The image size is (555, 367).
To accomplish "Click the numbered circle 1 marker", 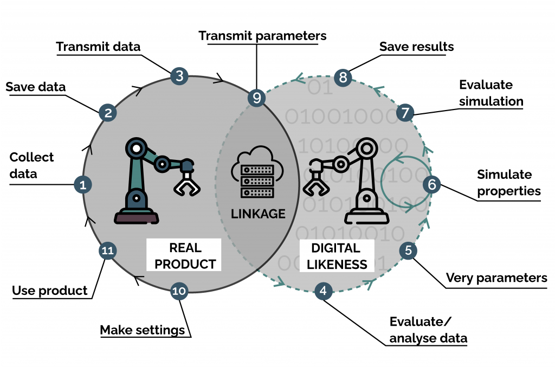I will point(82,185).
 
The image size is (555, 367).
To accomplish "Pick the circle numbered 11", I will point(107,250).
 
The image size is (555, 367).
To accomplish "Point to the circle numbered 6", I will point(431,184).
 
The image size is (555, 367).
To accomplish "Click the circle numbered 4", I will point(323,291).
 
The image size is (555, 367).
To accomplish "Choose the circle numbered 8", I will point(343,77).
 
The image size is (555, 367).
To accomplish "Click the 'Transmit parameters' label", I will point(262,36).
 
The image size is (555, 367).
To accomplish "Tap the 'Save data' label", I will point(35,87).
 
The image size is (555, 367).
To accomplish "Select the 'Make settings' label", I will point(143,330).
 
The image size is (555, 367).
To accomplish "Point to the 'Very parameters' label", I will point(496,278).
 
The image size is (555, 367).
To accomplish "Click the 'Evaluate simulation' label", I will point(491,93).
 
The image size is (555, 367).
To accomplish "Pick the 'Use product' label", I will point(50,291).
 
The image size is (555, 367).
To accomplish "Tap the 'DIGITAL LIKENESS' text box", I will point(335,256).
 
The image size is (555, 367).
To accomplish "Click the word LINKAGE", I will point(258,213).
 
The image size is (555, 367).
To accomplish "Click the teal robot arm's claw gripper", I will point(186,178).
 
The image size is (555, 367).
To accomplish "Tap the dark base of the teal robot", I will point(136,217).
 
